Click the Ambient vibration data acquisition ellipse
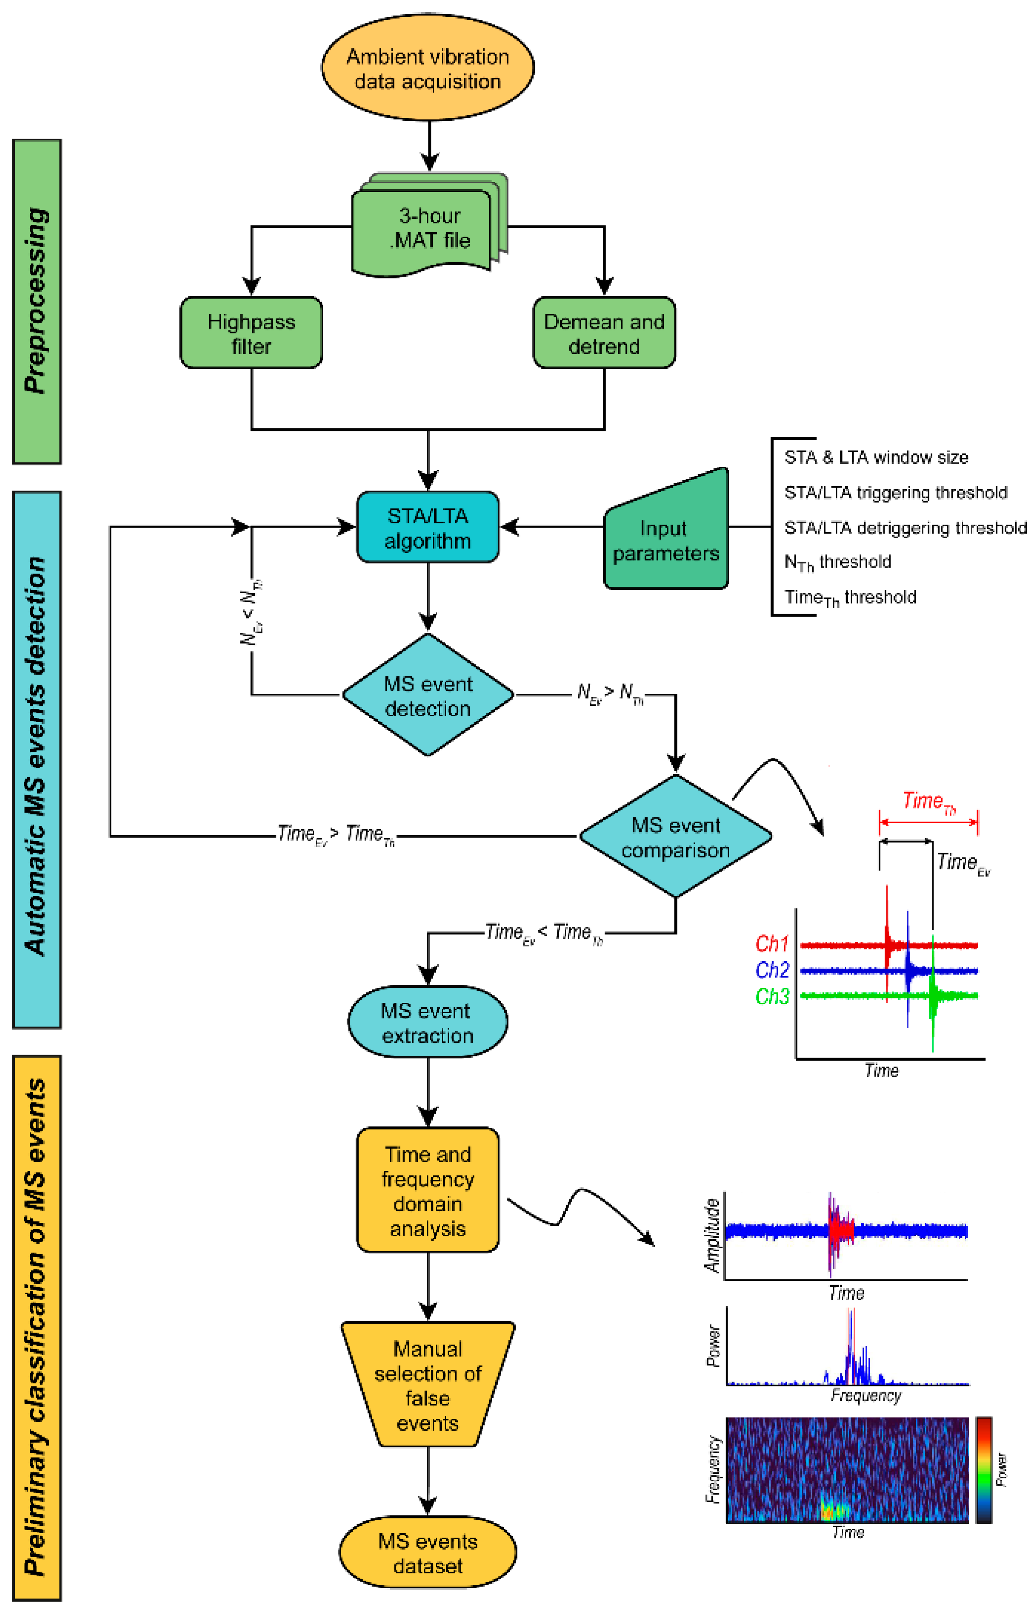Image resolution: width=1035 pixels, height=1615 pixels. pos(428,68)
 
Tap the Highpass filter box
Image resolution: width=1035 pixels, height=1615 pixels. pos(252,333)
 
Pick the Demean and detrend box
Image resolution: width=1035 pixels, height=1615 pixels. pos(604,333)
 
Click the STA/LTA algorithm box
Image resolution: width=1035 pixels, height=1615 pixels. pos(428,528)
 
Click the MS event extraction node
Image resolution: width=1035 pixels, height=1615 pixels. pos(428,1022)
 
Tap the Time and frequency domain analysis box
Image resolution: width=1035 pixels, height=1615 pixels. pos(428,1191)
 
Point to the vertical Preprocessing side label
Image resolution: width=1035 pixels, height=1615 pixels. pos(37,301)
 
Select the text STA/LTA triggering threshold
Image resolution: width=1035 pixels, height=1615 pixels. pos(895,493)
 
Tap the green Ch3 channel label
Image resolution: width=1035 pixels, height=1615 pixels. pos(772,996)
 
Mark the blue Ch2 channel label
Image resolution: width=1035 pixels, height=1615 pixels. pos(772,969)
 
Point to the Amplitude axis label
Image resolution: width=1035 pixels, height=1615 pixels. pos(713,1235)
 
